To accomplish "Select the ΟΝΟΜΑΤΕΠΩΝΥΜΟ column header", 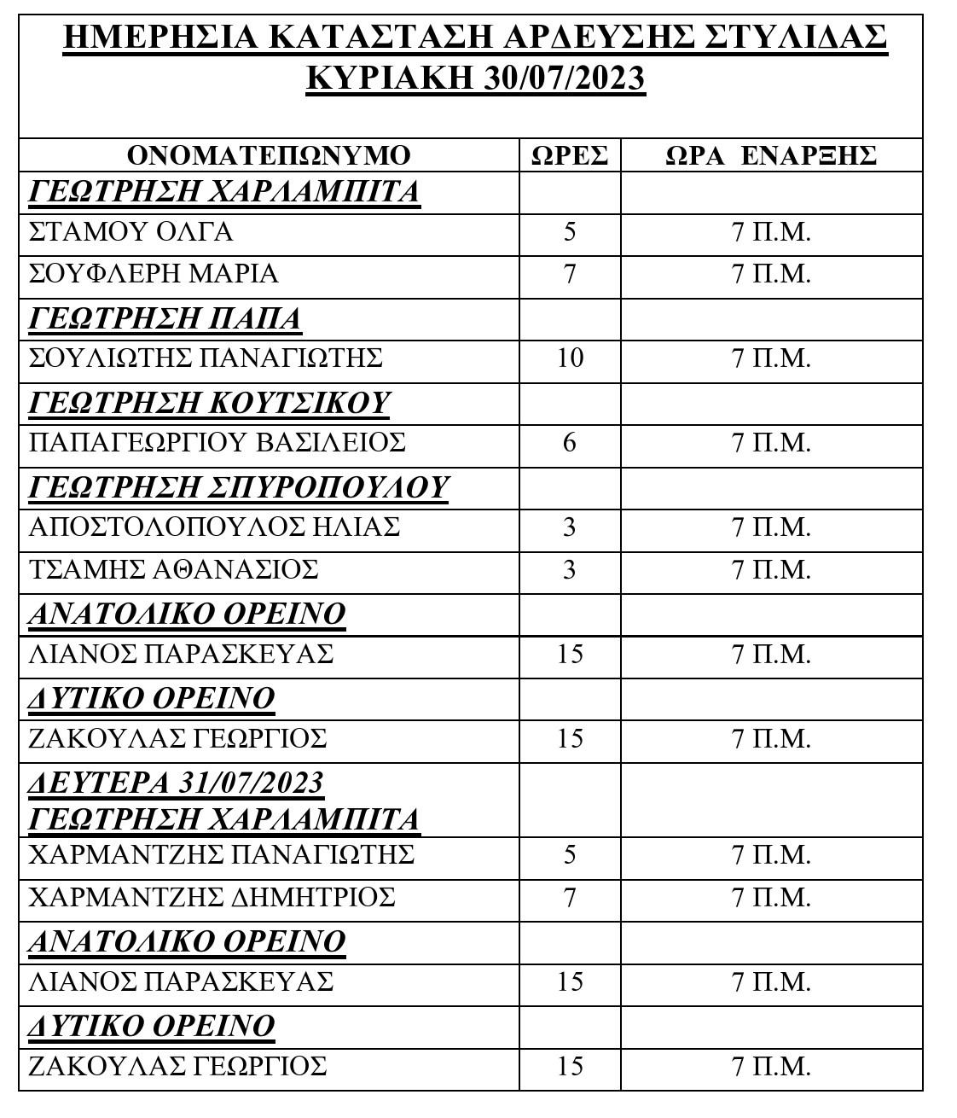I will [269, 155].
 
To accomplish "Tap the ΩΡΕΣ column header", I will [570, 155].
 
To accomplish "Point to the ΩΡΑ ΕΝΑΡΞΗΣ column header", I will [771, 155].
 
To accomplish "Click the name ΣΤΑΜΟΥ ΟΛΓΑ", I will [130, 232].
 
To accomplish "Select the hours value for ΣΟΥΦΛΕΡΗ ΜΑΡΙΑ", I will [570, 274].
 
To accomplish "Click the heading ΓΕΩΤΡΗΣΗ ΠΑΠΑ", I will [165, 318].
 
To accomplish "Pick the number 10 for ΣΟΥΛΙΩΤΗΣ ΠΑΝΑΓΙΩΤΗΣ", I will [570, 358].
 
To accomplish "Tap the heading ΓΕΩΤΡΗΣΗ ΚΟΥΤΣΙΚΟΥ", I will [209, 402].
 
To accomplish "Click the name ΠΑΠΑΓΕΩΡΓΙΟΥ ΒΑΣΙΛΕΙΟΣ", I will [217, 443].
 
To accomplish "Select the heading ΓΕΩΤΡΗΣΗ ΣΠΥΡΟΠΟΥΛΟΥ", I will [239, 486].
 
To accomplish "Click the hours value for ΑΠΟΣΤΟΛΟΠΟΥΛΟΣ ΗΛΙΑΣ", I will [570, 527].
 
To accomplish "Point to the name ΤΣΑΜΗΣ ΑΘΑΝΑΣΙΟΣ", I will [173, 568].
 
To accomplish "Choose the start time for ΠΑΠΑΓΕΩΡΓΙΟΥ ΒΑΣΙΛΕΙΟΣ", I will [771, 443].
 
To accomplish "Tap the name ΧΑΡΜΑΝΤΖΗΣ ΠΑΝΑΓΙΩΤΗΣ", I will [221, 854].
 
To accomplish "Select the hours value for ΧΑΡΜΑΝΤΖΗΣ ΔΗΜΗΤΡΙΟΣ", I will [570, 898].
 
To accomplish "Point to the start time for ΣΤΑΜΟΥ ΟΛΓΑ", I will [771, 232].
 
